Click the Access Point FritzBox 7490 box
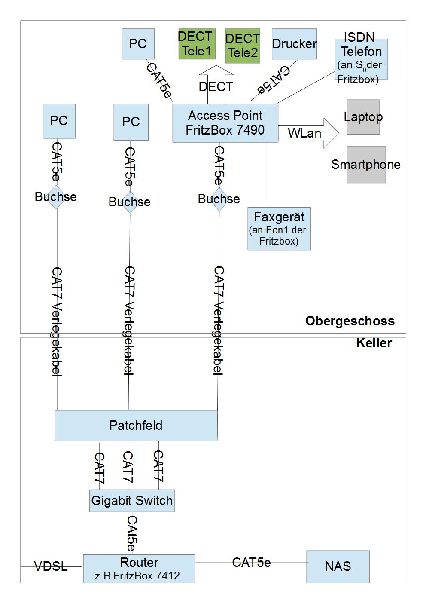click(225, 123)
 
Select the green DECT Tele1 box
click(195, 44)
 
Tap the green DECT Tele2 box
click(243, 46)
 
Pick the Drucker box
click(294, 44)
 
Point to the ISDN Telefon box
click(361, 59)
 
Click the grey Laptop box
click(363, 117)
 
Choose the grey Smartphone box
click(366, 165)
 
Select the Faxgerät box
click(279, 229)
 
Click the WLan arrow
click(307, 133)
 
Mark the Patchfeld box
click(136, 425)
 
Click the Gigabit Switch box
click(132, 501)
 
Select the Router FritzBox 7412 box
click(139, 569)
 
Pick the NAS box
click(338, 566)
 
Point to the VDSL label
click(51, 566)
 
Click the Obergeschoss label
click(350, 321)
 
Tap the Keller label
click(374, 343)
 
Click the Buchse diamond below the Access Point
click(219, 199)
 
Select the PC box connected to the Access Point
click(138, 44)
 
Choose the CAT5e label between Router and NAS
click(251, 563)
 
